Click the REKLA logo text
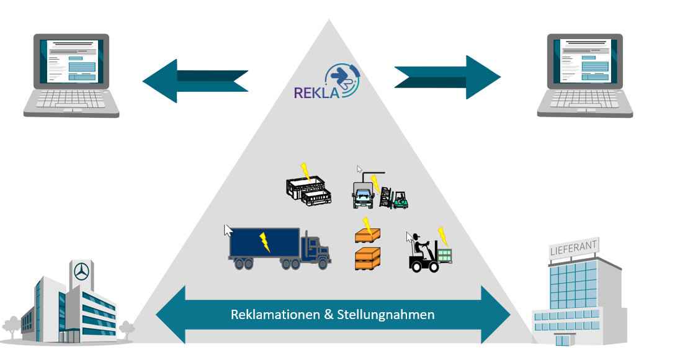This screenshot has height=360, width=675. pyautogui.click(x=316, y=92)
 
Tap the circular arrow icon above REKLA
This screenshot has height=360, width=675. pyautogui.click(x=342, y=79)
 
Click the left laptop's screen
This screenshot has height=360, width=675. pyautogui.click(x=72, y=61)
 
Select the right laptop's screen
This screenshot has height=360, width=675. pyautogui.click(x=585, y=61)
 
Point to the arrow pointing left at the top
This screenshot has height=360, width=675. pyautogui.click(x=195, y=81)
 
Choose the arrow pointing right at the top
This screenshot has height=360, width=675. pyautogui.click(x=447, y=77)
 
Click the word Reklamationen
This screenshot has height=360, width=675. pyautogui.click(x=275, y=314)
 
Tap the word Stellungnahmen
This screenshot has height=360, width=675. pyautogui.click(x=386, y=315)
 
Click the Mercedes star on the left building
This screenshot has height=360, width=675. pyautogui.click(x=81, y=272)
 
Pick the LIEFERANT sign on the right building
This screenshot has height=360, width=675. pyautogui.click(x=573, y=247)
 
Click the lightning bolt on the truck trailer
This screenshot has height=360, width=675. pyautogui.click(x=264, y=242)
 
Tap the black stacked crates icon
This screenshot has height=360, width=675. pyautogui.click(x=308, y=191)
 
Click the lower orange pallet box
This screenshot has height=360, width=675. pyautogui.click(x=368, y=258)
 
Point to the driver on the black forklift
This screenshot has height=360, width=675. pyautogui.click(x=420, y=246)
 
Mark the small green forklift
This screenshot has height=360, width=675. pyautogui.click(x=400, y=200)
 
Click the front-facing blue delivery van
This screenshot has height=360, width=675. pyautogui.click(x=363, y=196)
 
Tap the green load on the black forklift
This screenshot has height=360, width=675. pyautogui.click(x=444, y=255)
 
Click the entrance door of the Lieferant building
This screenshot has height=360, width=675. pyautogui.click(x=561, y=341)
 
